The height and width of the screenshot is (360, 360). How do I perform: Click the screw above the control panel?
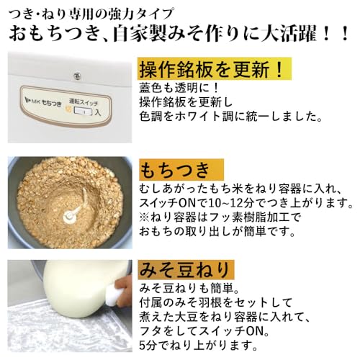click(x=73, y=74)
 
